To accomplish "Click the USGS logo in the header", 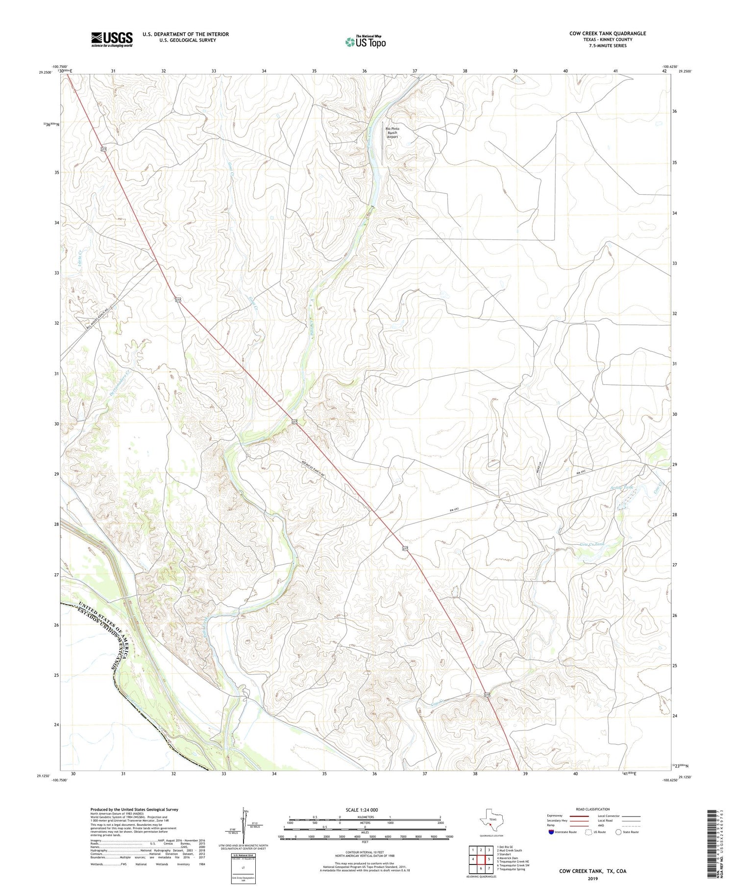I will [112, 39].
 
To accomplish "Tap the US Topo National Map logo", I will [365, 42].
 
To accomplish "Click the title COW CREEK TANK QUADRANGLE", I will [607, 33].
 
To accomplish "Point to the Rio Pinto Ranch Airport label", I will [392, 133].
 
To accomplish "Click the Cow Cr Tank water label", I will [592, 544].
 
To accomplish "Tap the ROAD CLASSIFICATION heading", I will [593, 809].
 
